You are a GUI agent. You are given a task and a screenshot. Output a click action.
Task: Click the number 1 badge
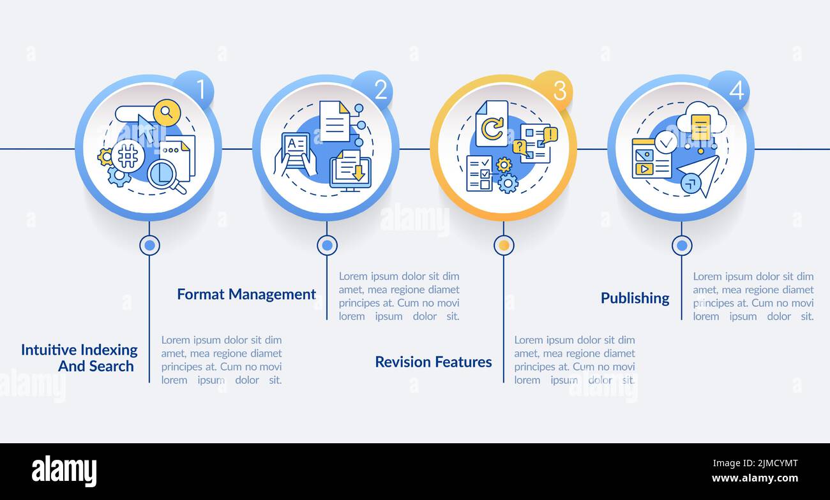(x=194, y=90)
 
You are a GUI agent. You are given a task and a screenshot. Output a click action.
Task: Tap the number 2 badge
(x=373, y=90)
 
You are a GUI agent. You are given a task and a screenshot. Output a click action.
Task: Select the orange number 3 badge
(x=552, y=90)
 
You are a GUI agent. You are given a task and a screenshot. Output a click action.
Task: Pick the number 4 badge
(x=729, y=90)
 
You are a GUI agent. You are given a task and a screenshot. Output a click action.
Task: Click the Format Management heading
(x=246, y=295)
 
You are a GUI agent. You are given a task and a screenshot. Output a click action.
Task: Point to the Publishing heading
(x=635, y=298)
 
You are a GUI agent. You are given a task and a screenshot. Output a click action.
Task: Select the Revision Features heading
(x=434, y=362)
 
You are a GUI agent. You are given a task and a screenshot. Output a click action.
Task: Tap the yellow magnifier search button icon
(x=167, y=112)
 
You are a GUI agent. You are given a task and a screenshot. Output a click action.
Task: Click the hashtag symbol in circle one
(x=128, y=156)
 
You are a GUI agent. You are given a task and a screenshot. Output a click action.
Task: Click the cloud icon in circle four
(x=701, y=121)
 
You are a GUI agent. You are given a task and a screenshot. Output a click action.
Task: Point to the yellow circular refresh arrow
(x=492, y=128)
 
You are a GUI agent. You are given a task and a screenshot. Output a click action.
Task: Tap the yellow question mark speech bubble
(x=520, y=148)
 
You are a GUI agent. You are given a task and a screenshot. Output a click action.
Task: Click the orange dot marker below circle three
(x=504, y=246)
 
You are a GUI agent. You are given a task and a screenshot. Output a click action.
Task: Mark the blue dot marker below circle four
(x=682, y=246)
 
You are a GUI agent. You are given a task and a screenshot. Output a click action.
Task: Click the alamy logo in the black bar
(x=64, y=471)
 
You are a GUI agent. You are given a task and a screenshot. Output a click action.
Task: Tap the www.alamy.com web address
(x=755, y=478)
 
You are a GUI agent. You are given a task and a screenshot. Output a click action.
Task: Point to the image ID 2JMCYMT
(x=755, y=463)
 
